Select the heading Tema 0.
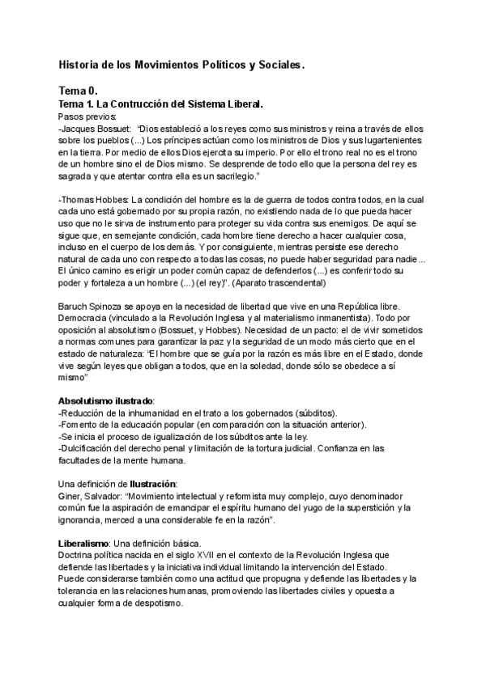[78, 92]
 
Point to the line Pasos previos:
[88, 116]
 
